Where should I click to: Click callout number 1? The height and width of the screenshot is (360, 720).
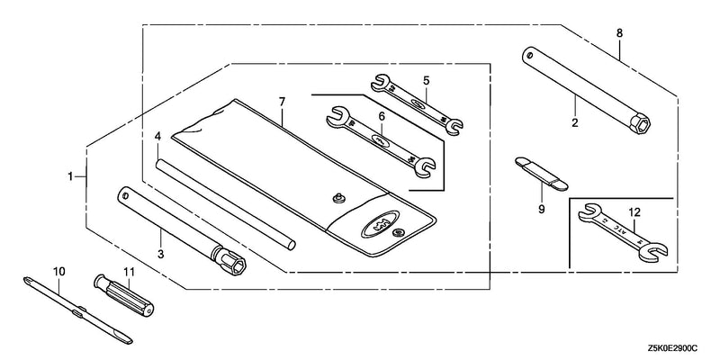coord(70,176)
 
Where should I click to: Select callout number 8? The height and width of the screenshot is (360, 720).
coord(619,33)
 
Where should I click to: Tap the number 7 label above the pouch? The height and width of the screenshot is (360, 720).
coord(282,102)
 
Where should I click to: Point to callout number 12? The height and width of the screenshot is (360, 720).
coord(634,212)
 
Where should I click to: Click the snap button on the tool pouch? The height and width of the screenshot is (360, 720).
coord(340,198)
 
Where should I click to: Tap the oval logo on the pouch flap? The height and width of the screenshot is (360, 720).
coord(379,222)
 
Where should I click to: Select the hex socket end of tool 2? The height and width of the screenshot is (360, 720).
coord(640,123)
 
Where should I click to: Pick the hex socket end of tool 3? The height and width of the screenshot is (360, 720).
coord(234,263)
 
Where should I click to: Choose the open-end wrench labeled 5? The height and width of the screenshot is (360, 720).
coord(417,105)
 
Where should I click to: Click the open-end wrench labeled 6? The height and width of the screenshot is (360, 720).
coord(381,141)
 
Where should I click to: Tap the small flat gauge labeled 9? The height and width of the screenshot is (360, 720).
coord(542,173)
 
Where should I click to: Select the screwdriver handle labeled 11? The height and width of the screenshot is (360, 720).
coord(124,297)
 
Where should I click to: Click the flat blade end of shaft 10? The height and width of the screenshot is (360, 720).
coord(124,339)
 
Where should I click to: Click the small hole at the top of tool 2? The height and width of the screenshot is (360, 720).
coord(530,55)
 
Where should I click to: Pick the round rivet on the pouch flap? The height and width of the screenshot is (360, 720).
coord(398,233)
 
